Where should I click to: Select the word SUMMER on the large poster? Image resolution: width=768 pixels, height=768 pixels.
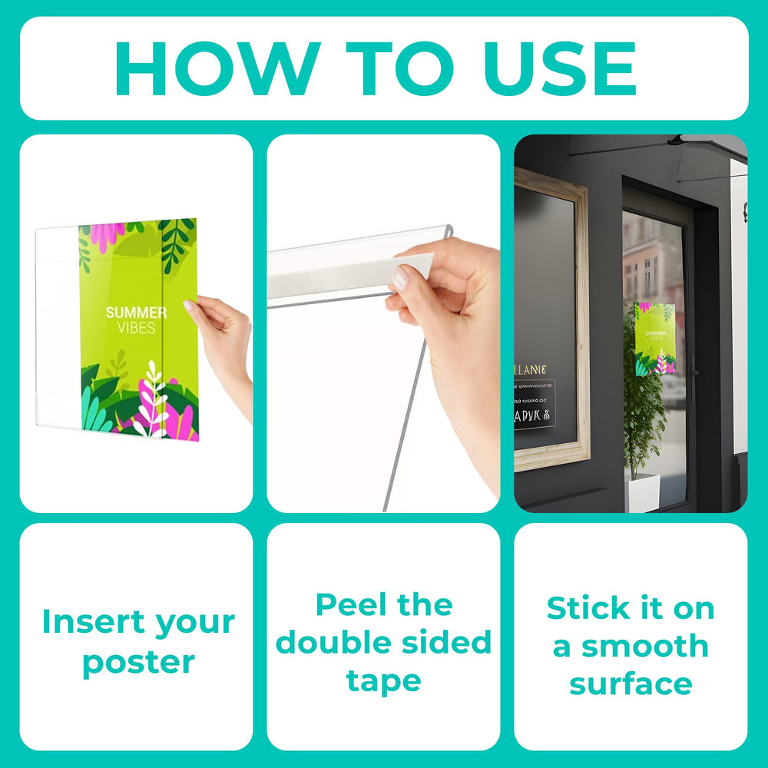(136, 313)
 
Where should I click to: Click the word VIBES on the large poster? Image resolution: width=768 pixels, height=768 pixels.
(136, 328)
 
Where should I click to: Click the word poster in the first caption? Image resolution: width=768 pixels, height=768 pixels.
(138, 661)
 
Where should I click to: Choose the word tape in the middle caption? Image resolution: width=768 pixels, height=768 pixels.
(383, 680)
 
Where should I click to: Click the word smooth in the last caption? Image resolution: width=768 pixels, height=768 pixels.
(645, 646)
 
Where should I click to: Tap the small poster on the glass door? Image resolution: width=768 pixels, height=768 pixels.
(655, 338)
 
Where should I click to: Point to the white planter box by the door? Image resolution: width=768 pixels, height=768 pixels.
(642, 492)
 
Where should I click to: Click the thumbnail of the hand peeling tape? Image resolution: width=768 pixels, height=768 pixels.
(383, 323)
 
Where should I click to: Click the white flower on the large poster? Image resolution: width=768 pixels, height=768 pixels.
(154, 399)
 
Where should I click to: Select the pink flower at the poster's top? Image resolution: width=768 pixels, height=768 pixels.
(108, 234)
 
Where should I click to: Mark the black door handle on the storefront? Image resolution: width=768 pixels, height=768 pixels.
(694, 376)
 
